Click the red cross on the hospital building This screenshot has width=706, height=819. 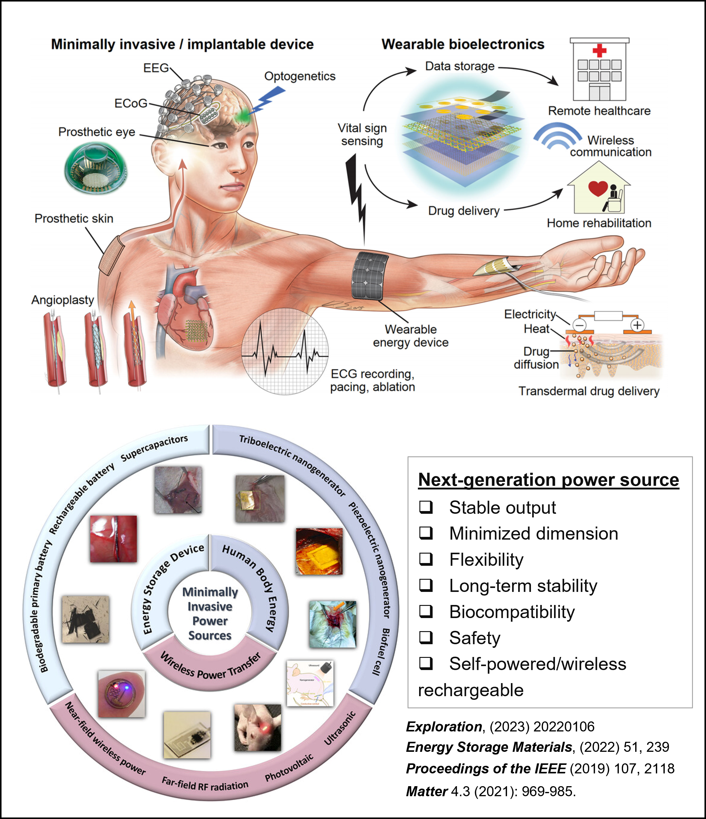point(599,50)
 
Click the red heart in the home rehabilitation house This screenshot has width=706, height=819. point(598,188)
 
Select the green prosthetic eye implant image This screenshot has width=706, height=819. point(96,168)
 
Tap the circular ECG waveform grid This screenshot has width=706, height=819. point(284,351)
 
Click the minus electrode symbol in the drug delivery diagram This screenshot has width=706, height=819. point(579,325)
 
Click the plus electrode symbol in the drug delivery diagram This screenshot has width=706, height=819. point(637,325)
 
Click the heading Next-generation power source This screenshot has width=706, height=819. point(548,480)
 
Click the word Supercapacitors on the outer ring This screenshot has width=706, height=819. point(154,448)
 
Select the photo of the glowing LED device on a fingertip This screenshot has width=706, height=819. point(121,694)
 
